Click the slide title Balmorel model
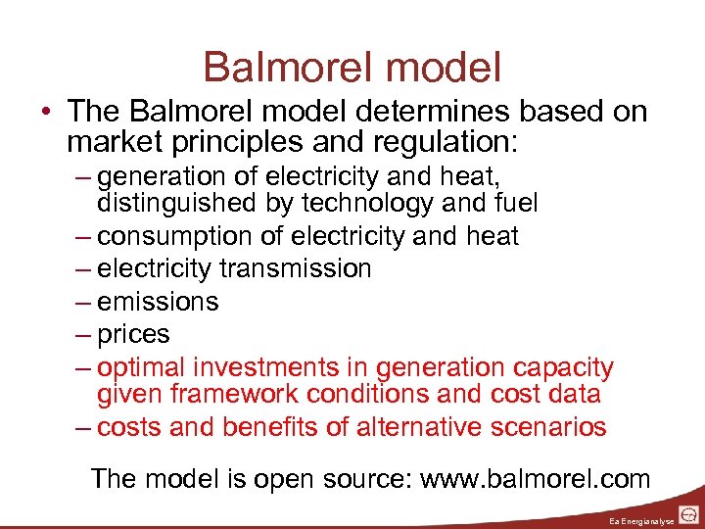click(352, 67)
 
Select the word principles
click(234, 142)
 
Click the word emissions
click(158, 302)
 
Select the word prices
click(134, 334)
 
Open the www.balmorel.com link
click(535, 479)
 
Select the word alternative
click(414, 427)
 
